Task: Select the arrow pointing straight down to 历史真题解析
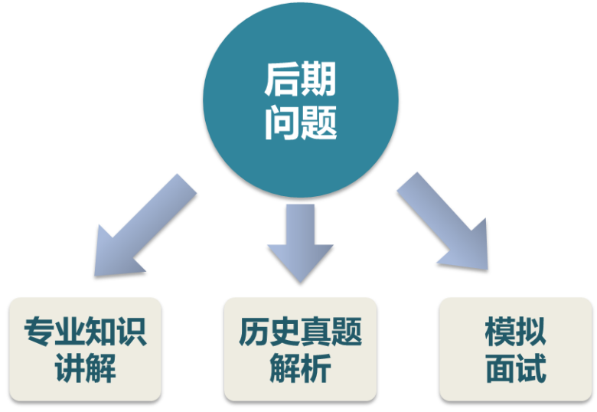click(300, 241)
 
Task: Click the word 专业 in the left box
click(54, 332)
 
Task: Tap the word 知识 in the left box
click(116, 332)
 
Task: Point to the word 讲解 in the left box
click(85, 369)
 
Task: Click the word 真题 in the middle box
click(331, 332)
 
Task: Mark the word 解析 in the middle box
click(300, 369)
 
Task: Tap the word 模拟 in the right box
click(515, 332)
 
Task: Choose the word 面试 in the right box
click(515, 369)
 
